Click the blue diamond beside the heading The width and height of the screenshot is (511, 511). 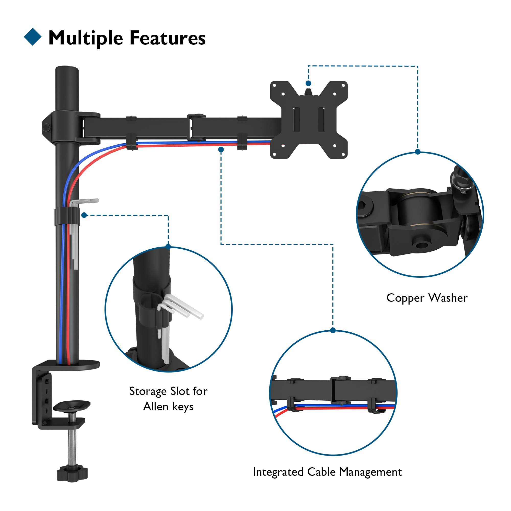point(32,37)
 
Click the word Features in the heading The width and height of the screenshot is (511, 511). point(167,38)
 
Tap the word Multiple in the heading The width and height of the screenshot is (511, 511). point(86,39)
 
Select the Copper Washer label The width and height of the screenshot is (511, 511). point(427,298)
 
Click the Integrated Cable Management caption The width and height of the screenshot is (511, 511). point(327,472)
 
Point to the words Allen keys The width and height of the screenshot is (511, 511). point(168,407)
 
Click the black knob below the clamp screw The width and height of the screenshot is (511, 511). point(72,473)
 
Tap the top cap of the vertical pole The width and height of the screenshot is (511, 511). point(67,69)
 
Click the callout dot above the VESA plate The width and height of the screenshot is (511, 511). point(308,83)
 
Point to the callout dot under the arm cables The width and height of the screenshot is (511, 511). point(221,150)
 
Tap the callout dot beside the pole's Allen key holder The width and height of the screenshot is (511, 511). point(84,215)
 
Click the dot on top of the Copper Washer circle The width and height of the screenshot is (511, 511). point(418,152)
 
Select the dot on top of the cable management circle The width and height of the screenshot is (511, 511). point(333,330)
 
